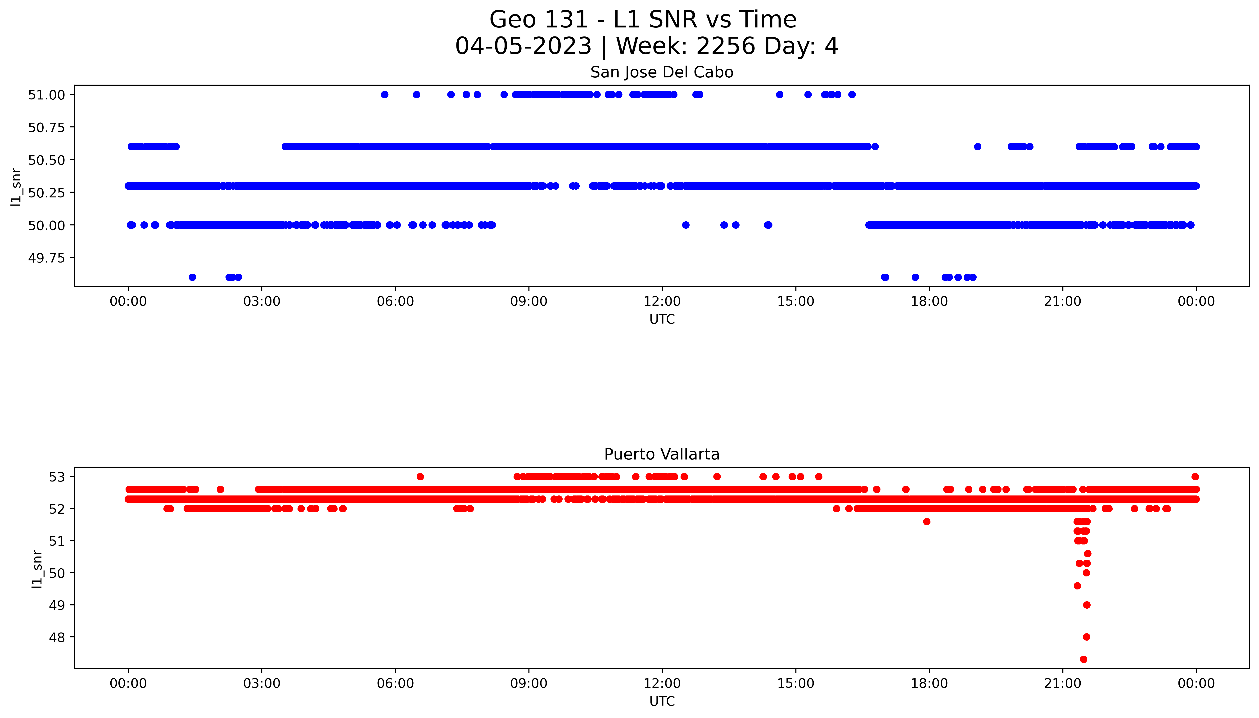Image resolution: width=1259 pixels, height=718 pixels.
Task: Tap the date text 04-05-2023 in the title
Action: click(523, 46)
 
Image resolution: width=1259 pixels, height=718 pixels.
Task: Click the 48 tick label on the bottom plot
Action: click(57, 637)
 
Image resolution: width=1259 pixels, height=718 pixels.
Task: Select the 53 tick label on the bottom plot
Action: click(57, 477)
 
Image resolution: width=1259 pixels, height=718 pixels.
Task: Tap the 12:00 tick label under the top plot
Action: click(662, 301)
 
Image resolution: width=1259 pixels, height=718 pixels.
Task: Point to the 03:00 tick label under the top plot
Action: click(262, 301)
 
